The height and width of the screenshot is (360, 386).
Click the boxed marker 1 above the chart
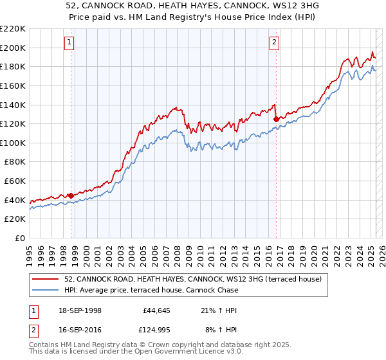pyautogui.click(x=69, y=43)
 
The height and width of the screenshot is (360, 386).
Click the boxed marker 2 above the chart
pyautogui.click(x=274, y=43)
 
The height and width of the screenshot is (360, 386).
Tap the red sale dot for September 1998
pyautogui.click(x=71, y=195)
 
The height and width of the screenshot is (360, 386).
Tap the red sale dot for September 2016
pyautogui.click(x=276, y=119)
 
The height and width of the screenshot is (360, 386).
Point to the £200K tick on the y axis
pyautogui.click(x=14, y=48)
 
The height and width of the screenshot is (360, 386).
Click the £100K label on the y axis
pyautogui.click(x=14, y=143)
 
